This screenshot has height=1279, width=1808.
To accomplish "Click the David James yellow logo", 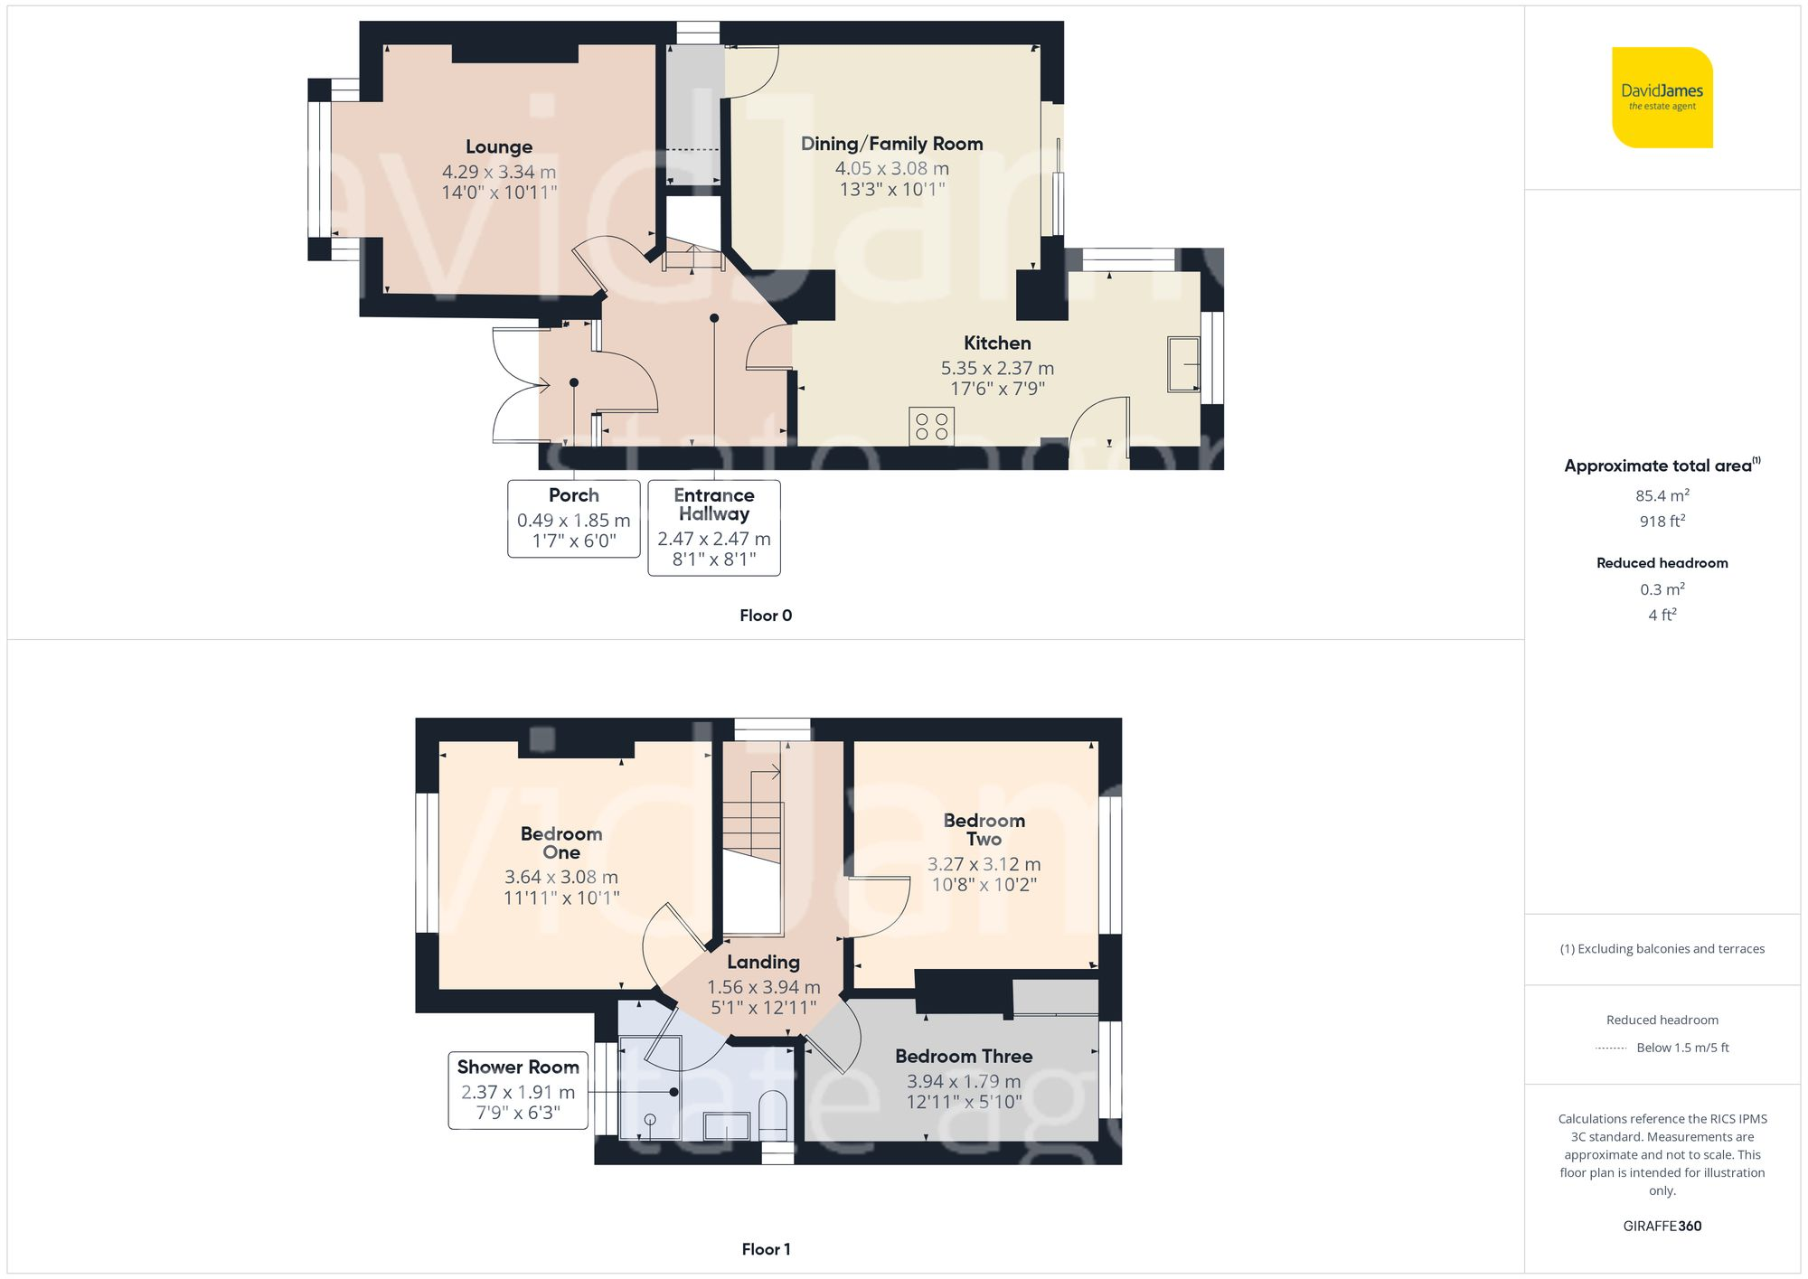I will tap(1662, 98).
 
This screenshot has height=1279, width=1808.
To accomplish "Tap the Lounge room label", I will tap(499, 146).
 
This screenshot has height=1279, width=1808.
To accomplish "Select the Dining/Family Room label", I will tap(891, 144).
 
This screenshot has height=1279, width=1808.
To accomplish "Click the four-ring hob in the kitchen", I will tap(931, 427).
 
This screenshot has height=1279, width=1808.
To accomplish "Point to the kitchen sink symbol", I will tap(1182, 364).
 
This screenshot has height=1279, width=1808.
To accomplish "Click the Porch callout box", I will tap(574, 518).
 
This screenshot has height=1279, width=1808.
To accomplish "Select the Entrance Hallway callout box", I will tap(714, 527).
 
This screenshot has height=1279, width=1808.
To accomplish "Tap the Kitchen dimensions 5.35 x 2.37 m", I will tap(997, 368).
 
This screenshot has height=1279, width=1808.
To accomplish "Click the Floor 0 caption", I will tap(766, 616).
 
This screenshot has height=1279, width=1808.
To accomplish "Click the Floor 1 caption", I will tap(766, 1249).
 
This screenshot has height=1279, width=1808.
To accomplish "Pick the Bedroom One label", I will tap(561, 842).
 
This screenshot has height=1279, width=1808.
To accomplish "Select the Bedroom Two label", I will tap(984, 829).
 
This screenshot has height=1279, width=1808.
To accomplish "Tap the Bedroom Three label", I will tap(964, 1056).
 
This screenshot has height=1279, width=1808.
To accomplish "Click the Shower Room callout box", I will tap(518, 1090).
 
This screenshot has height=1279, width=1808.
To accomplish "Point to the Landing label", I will tap(763, 962).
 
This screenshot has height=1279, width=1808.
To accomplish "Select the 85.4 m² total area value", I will tap(1662, 495).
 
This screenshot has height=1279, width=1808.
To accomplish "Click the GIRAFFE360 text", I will tap(1662, 1226).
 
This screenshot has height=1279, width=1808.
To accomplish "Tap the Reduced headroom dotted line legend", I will tap(1612, 1049).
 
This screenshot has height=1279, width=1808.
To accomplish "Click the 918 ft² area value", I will tap(1662, 522).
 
